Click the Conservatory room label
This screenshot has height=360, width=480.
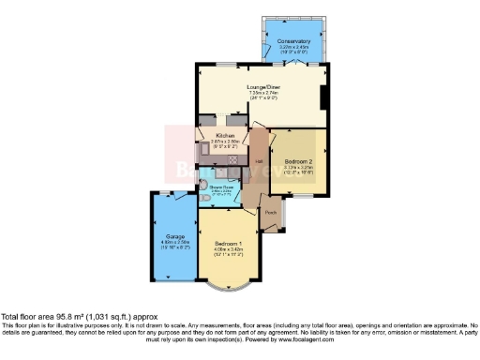pyautogui.click(x=293, y=41)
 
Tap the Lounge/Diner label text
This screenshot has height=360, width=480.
pyautogui.click(x=263, y=88)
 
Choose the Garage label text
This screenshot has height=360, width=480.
pyautogui.click(x=174, y=235)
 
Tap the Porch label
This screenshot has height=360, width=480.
pyautogui.click(x=271, y=212)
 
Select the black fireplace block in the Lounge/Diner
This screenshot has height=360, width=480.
pyautogui.click(x=322, y=97)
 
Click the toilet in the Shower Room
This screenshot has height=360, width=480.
pyautogui.click(x=203, y=200)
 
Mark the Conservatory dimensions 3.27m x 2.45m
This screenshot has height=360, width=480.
pyautogui.click(x=293, y=48)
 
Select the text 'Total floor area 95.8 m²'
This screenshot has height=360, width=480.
pyautogui.click(x=47, y=316)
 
